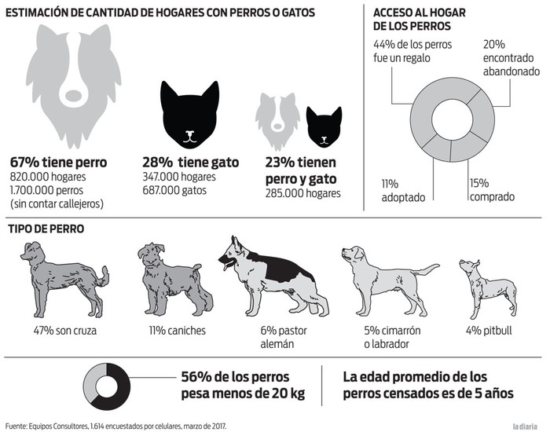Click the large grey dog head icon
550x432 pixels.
click(74, 82)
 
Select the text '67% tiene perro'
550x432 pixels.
click(58, 163)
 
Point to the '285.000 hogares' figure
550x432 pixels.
click(303, 192)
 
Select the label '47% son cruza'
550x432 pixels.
click(64, 330)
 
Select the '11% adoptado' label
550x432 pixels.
click(402, 190)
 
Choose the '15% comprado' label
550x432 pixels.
click(492, 190)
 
